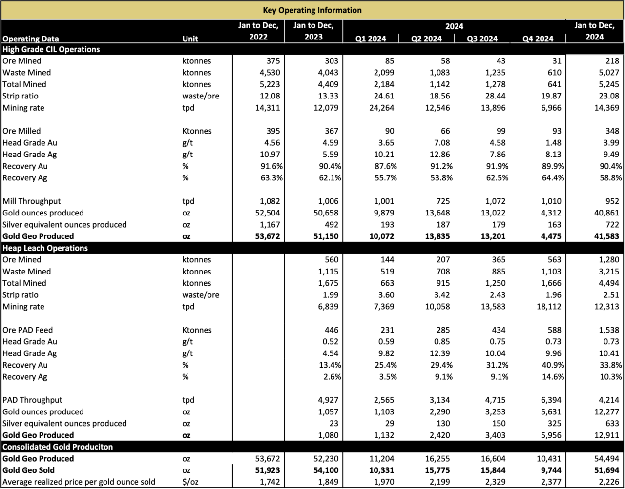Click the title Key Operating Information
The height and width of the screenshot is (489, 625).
click(312, 10)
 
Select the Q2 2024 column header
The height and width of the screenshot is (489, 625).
click(426, 39)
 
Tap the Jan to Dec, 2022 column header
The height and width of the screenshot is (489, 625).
click(258, 31)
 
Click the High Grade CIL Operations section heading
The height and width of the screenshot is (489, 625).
click(51, 49)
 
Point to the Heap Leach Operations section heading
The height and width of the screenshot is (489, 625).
click(45, 248)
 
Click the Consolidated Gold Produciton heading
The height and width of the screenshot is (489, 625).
click(58, 447)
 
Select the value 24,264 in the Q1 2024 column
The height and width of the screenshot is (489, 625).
click(382, 108)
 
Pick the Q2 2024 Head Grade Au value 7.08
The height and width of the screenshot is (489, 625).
click(442, 143)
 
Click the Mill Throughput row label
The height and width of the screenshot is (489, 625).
click(32, 201)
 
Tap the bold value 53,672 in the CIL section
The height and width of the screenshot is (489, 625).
click(268, 236)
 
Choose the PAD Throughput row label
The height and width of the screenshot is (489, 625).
click(32, 400)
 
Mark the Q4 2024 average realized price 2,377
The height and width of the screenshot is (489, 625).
click(551, 482)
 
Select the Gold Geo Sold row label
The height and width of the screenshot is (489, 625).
click(28, 470)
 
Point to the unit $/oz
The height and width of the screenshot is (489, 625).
click(190, 482)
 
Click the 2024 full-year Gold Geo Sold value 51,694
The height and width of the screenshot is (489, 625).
click(606, 470)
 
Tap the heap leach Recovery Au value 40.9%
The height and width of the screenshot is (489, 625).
click(553, 365)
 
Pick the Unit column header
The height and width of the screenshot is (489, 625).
click(190, 39)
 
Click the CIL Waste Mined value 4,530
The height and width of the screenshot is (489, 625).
click(270, 72)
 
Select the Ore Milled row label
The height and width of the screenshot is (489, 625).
click(21, 131)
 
